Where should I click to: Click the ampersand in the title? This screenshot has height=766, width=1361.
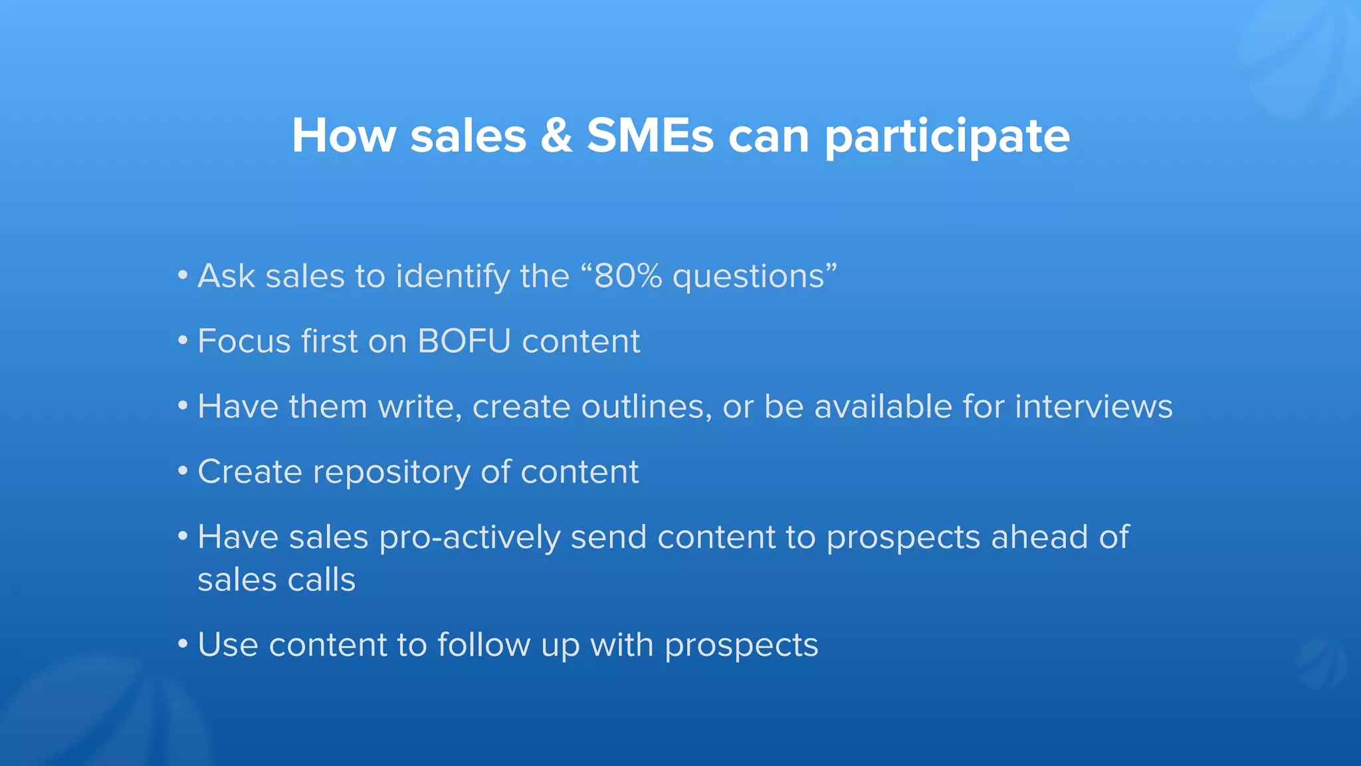click(x=556, y=136)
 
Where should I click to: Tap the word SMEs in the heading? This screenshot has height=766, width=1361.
click(x=650, y=136)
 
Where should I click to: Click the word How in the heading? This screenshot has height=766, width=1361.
click(x=344, y=136)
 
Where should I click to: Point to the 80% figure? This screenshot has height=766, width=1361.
click(x=628, y=276)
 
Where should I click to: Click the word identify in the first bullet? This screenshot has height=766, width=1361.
click(x=453, y=277)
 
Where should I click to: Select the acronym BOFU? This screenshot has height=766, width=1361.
click(x=464, y=341)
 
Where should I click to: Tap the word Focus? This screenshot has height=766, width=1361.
click(x=244, y=341)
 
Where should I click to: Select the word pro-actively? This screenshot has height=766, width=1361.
click(x=469, y=537)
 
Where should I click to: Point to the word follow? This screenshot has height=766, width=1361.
click(x=483, y=644)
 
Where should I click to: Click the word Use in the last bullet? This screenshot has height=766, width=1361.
click(x=227, y=644)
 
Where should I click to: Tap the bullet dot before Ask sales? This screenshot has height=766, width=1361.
click(x=183, y=275)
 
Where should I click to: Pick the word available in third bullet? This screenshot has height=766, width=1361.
click(x=883, y=406)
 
